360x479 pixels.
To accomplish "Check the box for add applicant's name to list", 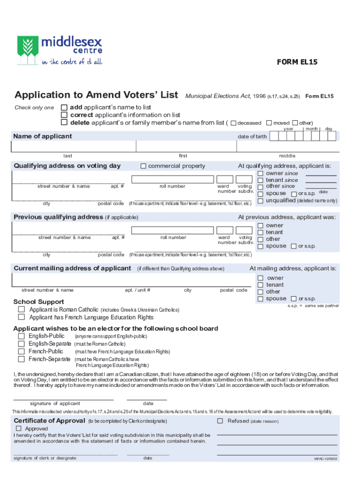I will pyautogui.click(x=65, y=108).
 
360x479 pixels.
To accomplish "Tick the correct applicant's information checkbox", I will pyautogui.click(x=65, y=115).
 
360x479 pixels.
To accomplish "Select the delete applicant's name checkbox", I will pyautogui.click(x=65, y=123).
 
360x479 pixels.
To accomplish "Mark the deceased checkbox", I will pyautogui.click(x=234, y=123).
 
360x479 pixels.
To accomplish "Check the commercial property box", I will pyautogui.click(x=144, y=166).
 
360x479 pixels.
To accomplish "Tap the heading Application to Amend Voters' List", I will pyautogui.click(x=96, y=95).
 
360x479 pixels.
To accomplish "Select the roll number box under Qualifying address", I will pyautogui.click(x=173, y=179).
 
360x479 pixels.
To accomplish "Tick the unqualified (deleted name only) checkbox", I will pyautogui.click(x=260, y=201).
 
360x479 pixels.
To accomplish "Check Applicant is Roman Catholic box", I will pyautogui.click(x=22, y=310).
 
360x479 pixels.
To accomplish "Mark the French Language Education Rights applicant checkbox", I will pyautogui.click(x=22, y=317).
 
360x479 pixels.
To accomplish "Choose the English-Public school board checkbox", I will pyautogui.click(x=22, y=336).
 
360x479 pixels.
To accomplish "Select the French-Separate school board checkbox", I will pyautogui.click(x=22, y=359).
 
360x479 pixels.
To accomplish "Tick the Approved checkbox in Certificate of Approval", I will pyautogui.click(x=19, y=428).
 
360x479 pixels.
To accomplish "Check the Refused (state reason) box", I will pyautogui.click(x=220, y=421).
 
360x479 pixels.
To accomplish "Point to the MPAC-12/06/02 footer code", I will pyautogui.click(x=325, y=459).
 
